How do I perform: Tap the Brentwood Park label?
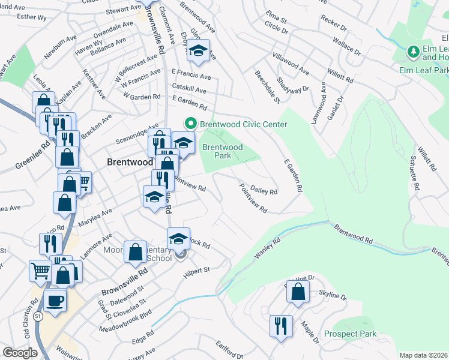[x=222, y=151]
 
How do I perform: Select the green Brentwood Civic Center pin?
[x=191, y=124]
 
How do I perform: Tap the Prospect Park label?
[x=350, y=334]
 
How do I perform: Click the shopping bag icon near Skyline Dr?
[x=297, y=293]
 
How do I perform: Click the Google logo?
[x=20, y=353]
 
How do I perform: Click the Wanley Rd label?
[x=268, y=248]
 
